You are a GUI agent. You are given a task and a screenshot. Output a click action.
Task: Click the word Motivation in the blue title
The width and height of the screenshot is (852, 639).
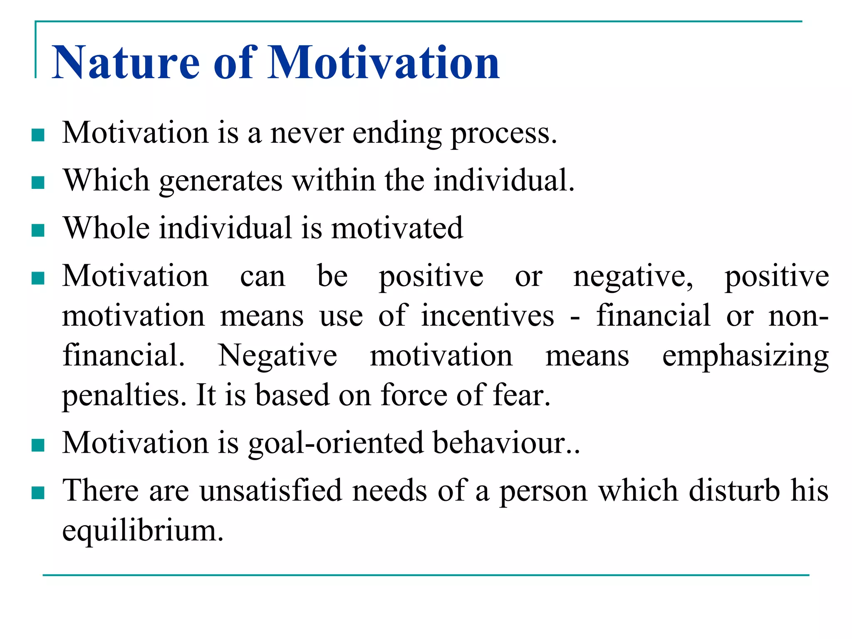pyautogui.click(x=383, y=63)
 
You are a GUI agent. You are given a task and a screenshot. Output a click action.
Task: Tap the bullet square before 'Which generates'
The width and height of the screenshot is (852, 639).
pyautogui.click(x=38, y=183)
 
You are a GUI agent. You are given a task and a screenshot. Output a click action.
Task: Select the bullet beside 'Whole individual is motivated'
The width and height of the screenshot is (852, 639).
pyautogui.click(x=38, y=230)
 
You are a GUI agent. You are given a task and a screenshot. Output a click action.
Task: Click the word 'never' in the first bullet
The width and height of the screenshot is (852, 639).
pyautogui.click(x=307, y=134)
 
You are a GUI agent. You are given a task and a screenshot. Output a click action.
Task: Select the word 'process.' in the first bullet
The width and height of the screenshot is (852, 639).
pyautogui.click(x=504, y=134)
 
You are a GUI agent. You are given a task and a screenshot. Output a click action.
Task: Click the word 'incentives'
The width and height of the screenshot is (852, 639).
pyautogui.click(x=488, y=316)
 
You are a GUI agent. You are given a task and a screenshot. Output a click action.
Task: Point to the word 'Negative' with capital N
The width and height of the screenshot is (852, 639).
pyautogui.click(x=278, y=356)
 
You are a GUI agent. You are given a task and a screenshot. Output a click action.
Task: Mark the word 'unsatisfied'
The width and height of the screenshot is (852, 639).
pyautogui.click(x=271, y=490)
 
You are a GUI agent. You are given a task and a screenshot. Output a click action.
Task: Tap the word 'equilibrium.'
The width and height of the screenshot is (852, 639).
pyautogui.click(x=143, y=531)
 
